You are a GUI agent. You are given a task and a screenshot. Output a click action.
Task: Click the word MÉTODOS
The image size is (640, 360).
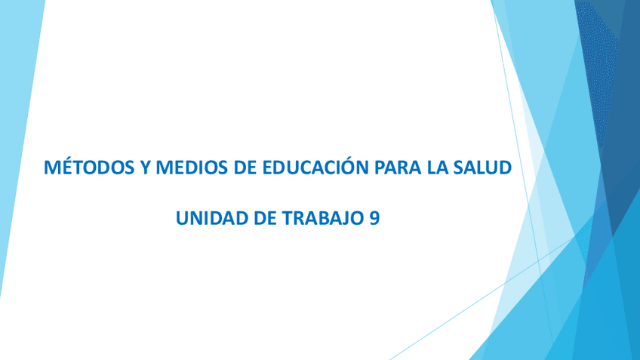click(89, 167)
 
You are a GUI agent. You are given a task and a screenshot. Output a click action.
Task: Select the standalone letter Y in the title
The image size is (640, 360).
click(145, 168)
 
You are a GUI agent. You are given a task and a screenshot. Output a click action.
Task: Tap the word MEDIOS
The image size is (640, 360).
click(192, 168)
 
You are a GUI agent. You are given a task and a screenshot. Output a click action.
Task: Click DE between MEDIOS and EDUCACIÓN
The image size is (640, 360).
click(245, 168)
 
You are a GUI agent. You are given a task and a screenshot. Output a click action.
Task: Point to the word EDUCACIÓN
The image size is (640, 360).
click(315, 167)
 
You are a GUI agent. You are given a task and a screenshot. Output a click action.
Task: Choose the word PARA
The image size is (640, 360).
click(398, 168)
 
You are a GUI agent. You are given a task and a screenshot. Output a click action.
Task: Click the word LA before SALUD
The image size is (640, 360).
click(438, 168)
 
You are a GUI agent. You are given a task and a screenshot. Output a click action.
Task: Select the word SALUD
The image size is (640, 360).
click(483, 168)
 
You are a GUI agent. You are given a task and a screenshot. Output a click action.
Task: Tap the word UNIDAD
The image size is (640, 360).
click(212, 218)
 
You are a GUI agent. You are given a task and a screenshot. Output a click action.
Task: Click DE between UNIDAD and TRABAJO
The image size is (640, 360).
click(265, 218)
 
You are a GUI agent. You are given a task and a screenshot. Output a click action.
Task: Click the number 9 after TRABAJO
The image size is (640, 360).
click(374, 218)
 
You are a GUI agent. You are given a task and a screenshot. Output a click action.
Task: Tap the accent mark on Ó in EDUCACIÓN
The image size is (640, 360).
click(349, 157)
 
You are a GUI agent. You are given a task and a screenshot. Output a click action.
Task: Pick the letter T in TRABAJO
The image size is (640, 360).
click(288, 218)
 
